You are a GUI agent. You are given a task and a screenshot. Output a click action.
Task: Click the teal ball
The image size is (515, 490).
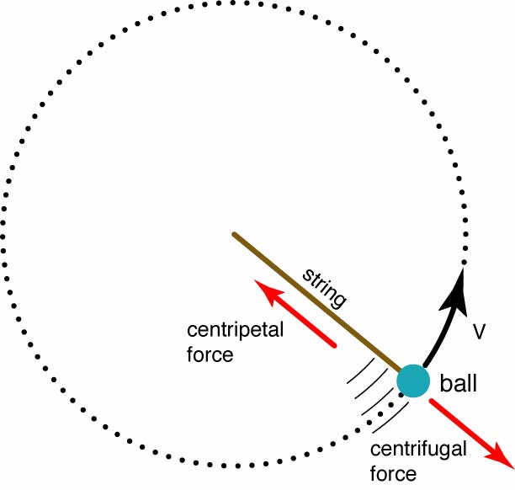coord(412,381)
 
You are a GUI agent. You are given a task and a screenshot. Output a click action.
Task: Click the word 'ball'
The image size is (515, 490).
coord(459,385)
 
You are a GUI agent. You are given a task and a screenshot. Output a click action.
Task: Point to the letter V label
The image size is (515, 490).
coord(479,332)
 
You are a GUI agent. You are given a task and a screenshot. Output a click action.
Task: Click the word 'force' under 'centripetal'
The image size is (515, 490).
coord(210,354)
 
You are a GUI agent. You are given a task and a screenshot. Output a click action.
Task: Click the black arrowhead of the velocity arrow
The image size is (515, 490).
coord(459,281)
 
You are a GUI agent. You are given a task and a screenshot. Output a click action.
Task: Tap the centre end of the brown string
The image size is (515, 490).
coord(234,234)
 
